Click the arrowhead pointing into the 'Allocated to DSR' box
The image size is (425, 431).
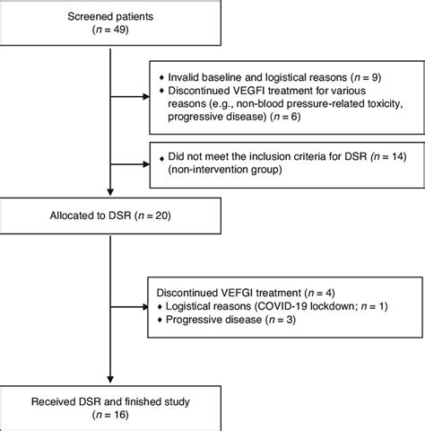coord(110,198)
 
